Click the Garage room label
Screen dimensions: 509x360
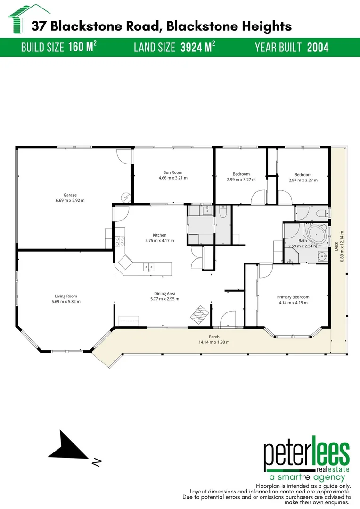70,195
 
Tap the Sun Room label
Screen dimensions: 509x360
173,172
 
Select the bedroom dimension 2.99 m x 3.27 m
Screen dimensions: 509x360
241,180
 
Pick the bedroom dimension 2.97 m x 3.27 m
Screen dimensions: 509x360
300,180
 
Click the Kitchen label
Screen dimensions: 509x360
159,235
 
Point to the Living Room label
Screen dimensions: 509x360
65,296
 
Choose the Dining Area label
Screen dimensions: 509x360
164,293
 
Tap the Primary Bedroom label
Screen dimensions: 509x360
293,297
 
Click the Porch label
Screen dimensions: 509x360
214,337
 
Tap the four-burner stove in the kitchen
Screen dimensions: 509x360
120,241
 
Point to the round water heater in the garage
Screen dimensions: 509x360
125,197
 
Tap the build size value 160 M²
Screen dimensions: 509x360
83,47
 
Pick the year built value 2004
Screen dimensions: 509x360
318,47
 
